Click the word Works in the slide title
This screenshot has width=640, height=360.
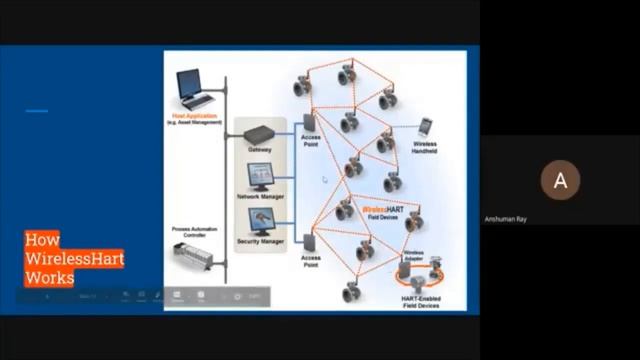[x=50, y=277]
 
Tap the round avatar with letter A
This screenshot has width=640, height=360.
[x=560, y=180]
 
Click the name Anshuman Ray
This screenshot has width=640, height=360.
[x=560, y=217]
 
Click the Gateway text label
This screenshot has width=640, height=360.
[x=260, y=150]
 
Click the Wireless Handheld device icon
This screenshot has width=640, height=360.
[x=425, y=127]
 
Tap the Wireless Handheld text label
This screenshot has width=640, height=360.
[x=431, y=147]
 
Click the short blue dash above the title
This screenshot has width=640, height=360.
[x=37, y=111]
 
